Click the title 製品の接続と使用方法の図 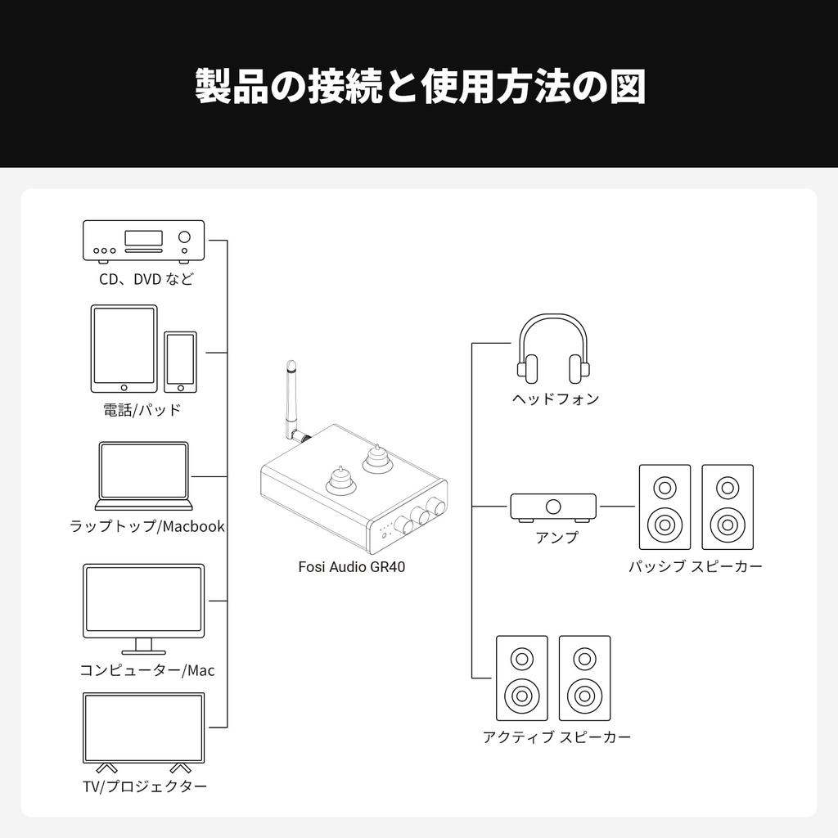coord(419,86)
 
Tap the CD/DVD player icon coord(143,241)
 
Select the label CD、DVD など coord(146,279)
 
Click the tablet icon coord(124,348)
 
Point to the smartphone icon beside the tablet coord(180,361)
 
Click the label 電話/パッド coord(142,410)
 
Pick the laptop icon coord(144,475)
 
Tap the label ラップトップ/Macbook coord(147,526)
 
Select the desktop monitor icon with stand coord(143,606)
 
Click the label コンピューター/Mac coord(147,670)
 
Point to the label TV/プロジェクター coord(145,786)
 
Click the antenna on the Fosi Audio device coord(292,401)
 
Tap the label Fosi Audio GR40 coord(351,566)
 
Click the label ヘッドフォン coord(556,399)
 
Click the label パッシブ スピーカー coord(696,566)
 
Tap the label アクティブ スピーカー coord(556,737)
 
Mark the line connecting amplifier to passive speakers coord(618,507)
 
